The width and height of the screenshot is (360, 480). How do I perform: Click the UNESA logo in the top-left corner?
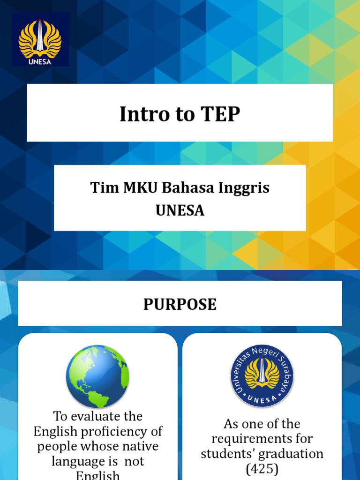pos(40,39)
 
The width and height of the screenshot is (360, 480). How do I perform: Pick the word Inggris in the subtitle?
pos(244,188)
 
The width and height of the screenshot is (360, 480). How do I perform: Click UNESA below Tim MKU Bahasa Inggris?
pos(180,210)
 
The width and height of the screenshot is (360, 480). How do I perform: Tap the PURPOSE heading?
pos(180,304)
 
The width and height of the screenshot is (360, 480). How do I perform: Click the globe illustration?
pos(97,376)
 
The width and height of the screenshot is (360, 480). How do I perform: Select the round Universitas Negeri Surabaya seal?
pos(262,376)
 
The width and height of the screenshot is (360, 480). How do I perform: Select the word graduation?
pos(292,454)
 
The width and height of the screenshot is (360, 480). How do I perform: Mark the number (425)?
pos(262,468)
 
